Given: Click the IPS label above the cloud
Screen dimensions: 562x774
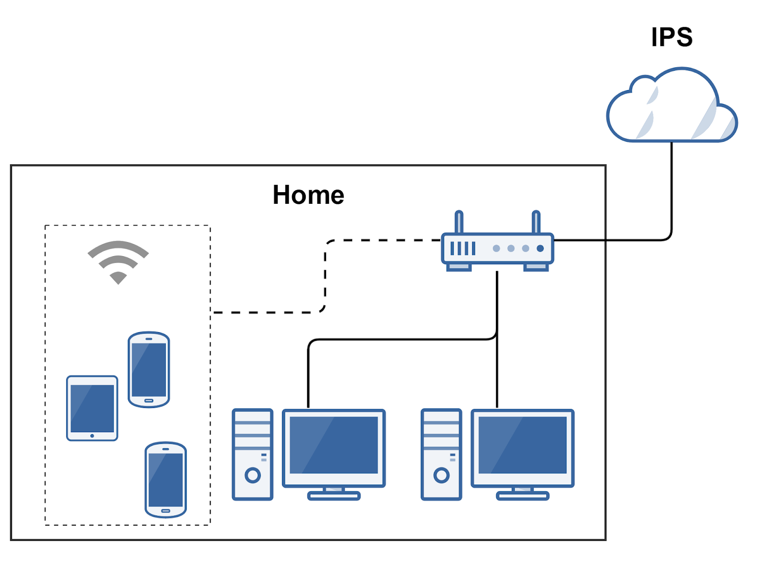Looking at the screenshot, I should tap(671, 37).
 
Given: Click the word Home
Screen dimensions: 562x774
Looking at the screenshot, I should tap(308, 195).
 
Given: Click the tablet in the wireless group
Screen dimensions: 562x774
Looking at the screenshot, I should tap(92, 408).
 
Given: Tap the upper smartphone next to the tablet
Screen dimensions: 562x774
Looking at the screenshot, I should tap(149, 369).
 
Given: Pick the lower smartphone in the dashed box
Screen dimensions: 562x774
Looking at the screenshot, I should tap(165, 479).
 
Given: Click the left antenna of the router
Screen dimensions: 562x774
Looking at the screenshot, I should tap(459, 222).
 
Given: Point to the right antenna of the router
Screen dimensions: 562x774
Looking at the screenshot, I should tap(536, 222).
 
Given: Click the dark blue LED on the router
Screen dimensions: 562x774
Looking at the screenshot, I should tap(540, 248).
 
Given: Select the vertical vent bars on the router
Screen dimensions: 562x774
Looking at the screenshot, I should tap(462, 248).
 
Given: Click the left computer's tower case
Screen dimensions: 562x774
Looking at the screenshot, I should tap(253, 454).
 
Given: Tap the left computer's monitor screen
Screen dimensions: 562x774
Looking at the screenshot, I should tap(334, 445).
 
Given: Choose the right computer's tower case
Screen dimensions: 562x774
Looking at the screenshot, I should tap(441, 454).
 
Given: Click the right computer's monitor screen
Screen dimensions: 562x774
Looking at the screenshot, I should tap(522, 445).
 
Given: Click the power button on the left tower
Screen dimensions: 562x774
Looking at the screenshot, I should tap(253, 475).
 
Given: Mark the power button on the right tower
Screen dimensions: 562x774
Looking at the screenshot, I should tap(441, 475).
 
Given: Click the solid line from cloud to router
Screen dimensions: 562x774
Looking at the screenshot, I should tap(671, 194).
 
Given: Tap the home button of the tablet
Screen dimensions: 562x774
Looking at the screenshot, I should tap(92, 436).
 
